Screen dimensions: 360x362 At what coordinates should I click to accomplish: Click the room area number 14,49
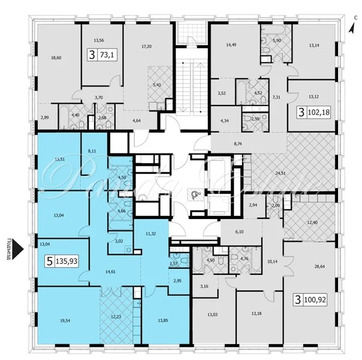[232, 46]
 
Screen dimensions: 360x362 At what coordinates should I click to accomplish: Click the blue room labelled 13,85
[164, 319]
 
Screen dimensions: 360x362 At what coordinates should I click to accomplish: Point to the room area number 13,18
[255, 314]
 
